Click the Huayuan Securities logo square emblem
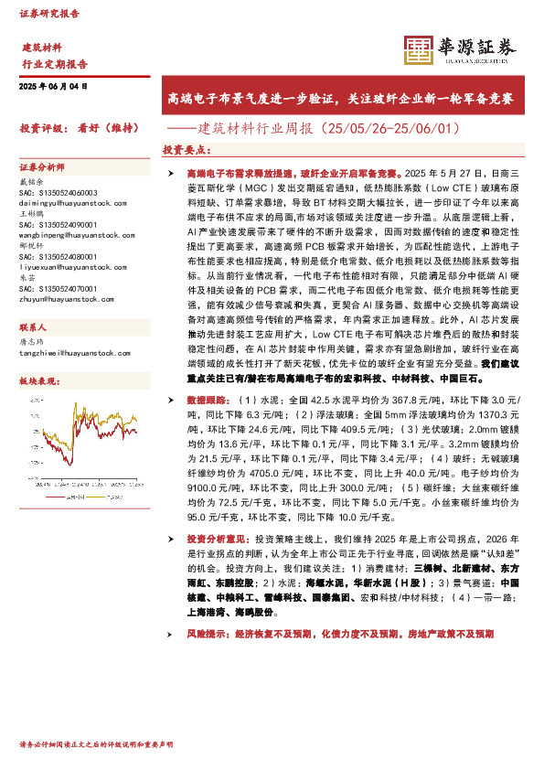point(418,50)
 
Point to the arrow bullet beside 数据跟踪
point(171,401)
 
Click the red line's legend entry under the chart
point(55,489)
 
